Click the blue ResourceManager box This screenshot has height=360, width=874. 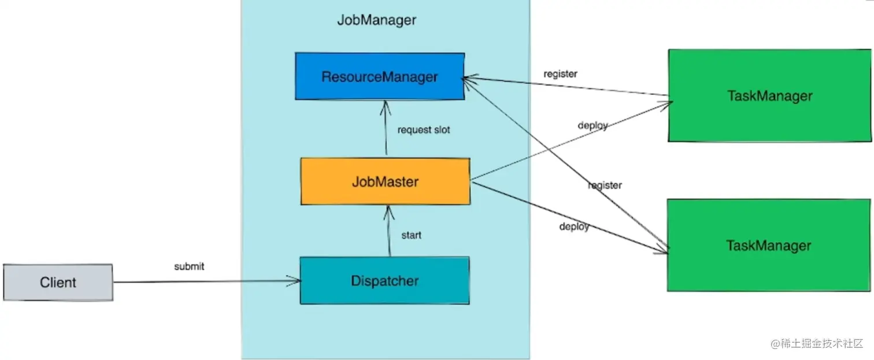pos(380,76)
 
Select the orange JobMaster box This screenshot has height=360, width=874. pos(386,181)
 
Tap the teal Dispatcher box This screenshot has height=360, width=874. pos(385,280)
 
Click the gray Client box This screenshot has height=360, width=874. pos(58,283)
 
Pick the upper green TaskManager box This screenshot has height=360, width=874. pos(769,95)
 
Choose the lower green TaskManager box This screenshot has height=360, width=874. pos(769,246)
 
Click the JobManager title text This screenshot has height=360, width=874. pos(376,20)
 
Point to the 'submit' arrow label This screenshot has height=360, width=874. pos(189,266)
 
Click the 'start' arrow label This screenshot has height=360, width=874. pos(411,235)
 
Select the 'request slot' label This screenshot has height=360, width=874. pos(424,130)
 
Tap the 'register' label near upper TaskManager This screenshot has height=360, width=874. pos(560,74)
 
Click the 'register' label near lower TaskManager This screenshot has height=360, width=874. pos(605,185)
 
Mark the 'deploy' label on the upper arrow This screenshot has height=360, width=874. pos(592,125)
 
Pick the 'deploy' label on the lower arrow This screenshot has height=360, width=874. pos(574,227)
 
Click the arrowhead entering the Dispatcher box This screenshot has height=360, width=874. pos(295,281)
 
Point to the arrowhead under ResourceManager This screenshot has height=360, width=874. pos(386,108)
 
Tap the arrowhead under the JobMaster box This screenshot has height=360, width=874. pos(388,213)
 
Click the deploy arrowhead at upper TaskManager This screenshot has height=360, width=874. pos(665,105)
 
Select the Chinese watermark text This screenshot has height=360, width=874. pos(817,343)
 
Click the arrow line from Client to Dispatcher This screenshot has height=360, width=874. pos(207,281)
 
